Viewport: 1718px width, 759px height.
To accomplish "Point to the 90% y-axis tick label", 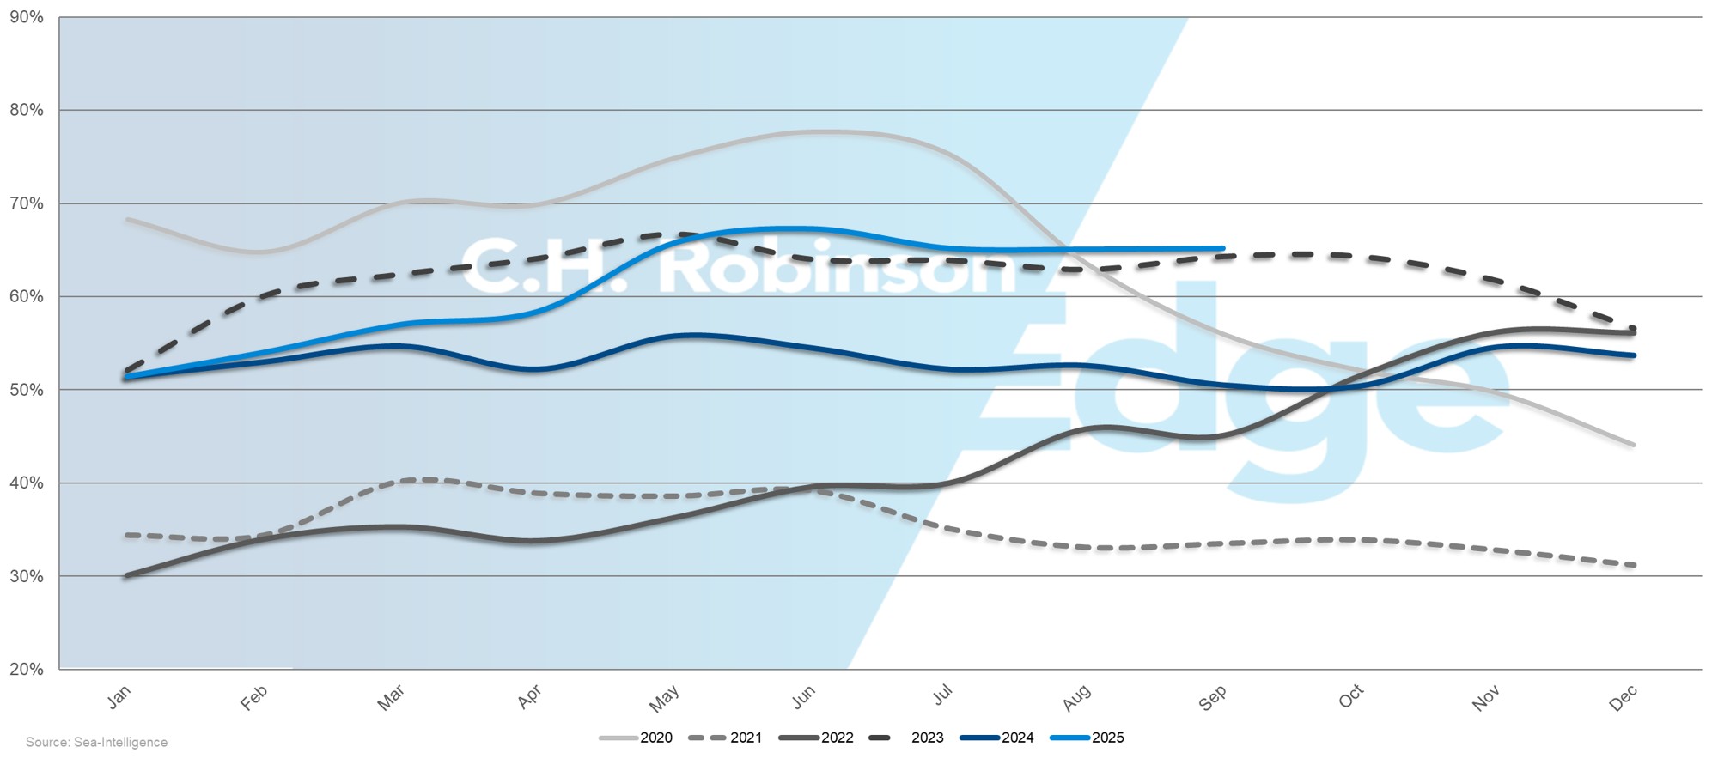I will coord(27,17).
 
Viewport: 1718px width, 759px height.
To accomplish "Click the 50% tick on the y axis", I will coord(27,390).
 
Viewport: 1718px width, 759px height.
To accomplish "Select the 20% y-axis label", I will coord(27,669).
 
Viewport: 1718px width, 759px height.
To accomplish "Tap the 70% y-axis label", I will coord(27,203).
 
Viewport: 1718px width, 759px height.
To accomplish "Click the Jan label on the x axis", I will coord(119,696).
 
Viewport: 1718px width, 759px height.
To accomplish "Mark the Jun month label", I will coord(803,696).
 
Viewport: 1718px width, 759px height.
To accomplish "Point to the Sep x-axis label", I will coord(1212,698).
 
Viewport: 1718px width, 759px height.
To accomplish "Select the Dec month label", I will coord(1623,698).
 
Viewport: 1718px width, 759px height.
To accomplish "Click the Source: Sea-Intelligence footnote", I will coord(96,742).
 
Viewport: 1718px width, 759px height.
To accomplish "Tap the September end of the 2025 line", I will coord(1222,249).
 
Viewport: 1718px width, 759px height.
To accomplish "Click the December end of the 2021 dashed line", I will coord(1633,565).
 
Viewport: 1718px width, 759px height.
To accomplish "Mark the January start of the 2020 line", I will coord(127,219).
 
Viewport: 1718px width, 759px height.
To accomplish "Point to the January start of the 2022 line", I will coord(126,575).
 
